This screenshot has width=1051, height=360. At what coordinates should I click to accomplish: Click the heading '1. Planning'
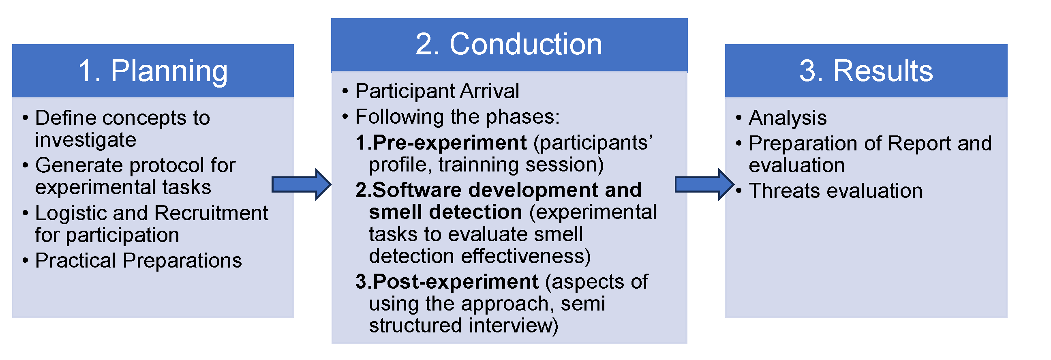coord(152,71)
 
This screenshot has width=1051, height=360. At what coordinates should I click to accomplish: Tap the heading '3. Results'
coord(866,71)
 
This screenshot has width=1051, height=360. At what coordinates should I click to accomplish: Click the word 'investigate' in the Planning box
coord(85,140)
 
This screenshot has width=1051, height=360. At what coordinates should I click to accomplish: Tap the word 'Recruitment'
coord(211,213)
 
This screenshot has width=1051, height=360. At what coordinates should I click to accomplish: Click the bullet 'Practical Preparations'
coord(138,260)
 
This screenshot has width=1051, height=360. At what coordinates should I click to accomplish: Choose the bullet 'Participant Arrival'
coord(437,91)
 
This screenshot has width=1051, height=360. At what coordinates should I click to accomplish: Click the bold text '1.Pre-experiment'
coord(441,143)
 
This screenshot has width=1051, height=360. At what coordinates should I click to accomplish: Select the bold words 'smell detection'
coord(445,212)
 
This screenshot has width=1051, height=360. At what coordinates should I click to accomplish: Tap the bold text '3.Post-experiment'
coord(447,282)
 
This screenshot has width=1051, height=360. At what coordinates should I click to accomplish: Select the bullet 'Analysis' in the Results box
coord(788,118)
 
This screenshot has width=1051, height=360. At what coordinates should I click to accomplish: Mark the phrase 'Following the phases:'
coord(457,117)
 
